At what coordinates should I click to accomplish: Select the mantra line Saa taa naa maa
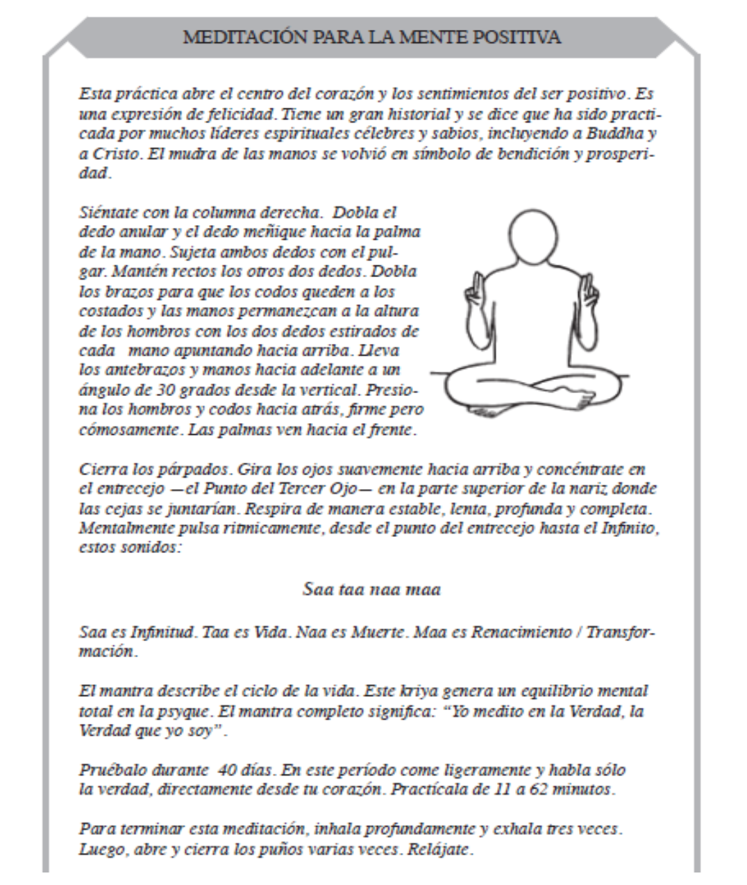(371, 590)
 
